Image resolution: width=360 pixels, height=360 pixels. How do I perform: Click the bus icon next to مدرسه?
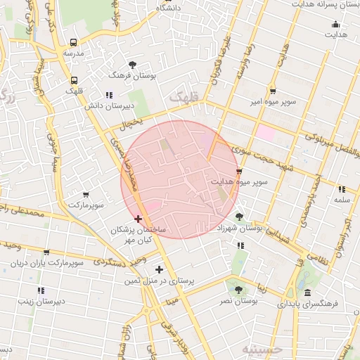75,42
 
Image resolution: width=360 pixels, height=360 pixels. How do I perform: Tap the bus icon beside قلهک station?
75,80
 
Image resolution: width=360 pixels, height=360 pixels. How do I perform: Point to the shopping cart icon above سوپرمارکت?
86,195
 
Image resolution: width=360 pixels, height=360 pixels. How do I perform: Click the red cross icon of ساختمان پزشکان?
138,219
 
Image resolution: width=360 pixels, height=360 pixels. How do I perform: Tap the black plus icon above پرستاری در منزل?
159,269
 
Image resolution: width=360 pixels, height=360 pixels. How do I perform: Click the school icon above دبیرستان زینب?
41,290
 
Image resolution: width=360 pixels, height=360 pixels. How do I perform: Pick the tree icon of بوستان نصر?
238,289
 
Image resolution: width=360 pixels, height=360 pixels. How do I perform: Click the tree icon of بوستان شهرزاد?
240,217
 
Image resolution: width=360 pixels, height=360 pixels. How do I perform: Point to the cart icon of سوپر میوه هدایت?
239,171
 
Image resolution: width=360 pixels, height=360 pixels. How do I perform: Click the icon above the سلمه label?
342,189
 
